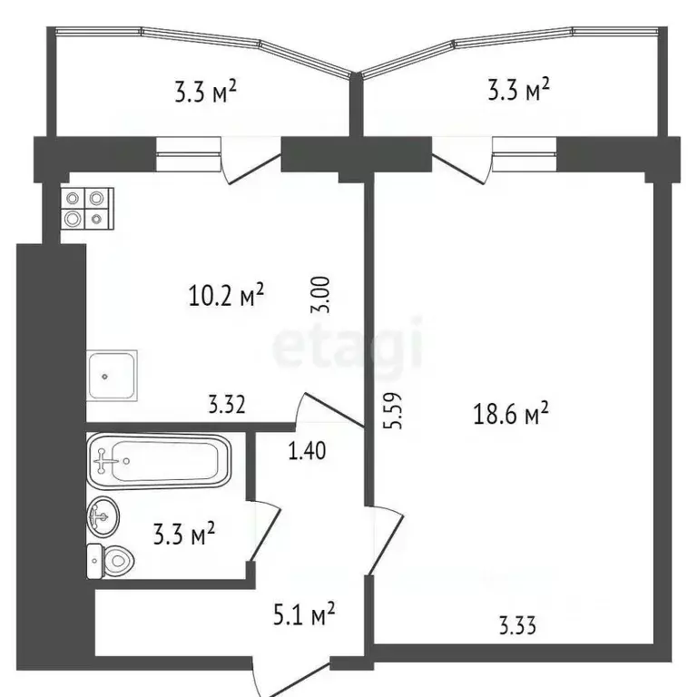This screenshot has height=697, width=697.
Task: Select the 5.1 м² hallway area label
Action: pos(304,616)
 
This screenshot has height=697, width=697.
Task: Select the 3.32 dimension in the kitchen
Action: pos(227,405)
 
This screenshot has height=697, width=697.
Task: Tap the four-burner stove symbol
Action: pos(83,208)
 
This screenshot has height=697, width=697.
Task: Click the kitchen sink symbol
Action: pos(113,375)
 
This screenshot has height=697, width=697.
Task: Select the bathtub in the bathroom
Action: pos(159,462)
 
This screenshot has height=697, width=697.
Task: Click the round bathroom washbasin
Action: pos(103,518)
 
